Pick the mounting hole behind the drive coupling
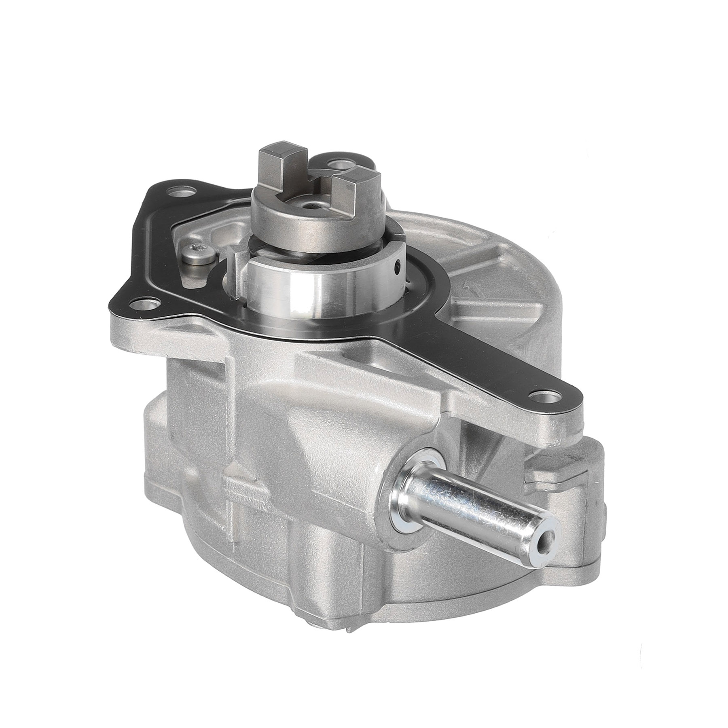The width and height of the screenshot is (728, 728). coord(335,165)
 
